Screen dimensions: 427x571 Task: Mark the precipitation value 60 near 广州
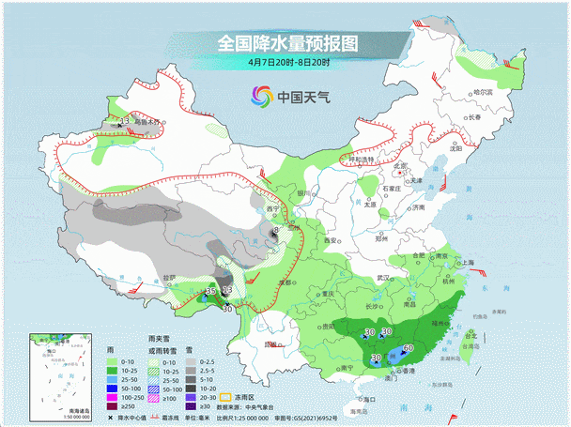click(408, 349)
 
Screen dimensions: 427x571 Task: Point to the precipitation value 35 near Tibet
click(210, 293)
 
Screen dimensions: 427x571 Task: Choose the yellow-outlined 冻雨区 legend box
click(225, 397)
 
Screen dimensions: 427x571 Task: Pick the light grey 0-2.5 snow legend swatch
click(190, 361)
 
